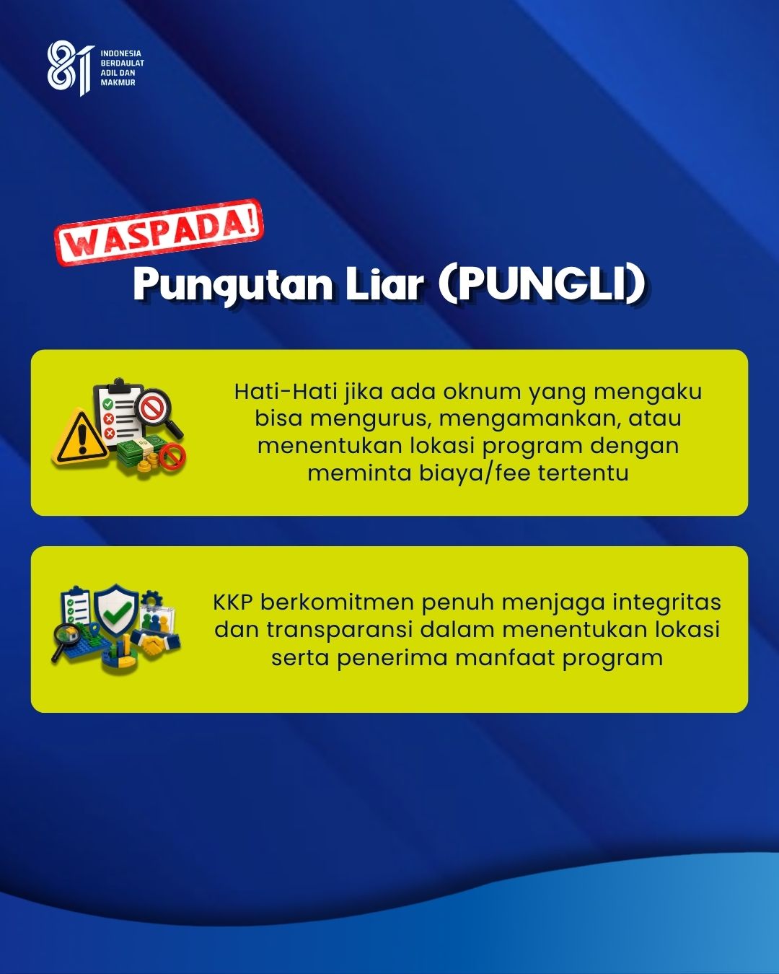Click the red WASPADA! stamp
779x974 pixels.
pos(159,232)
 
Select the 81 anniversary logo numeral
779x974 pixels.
pos(70,68)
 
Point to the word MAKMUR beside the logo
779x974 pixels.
pos(118,82)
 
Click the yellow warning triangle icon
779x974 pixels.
pos(81,437)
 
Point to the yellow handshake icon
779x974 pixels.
pos(153,645)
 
